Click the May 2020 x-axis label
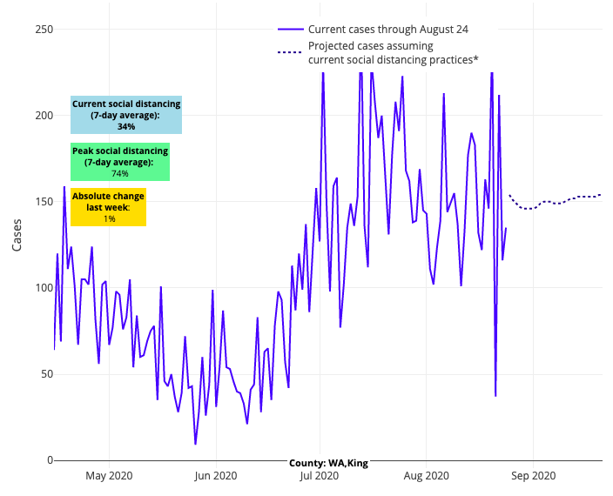click(x=109, y=476)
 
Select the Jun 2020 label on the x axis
click(x=215, y=476)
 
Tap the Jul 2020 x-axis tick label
click(x=320, y=476)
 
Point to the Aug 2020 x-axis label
click(x=427, y=476)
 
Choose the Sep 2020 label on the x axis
click(x=533, y=476)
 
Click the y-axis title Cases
click(x=17, y=236)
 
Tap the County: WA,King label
click(x=328, y=463)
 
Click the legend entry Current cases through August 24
click(x=387, y=30)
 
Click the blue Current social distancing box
click(x=126, y=115)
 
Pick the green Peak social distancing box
click(x=119, y=162)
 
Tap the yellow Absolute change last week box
click(x=109, y=207)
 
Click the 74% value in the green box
click(x=119, y=173)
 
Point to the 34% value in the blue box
click(x=126, y=126)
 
